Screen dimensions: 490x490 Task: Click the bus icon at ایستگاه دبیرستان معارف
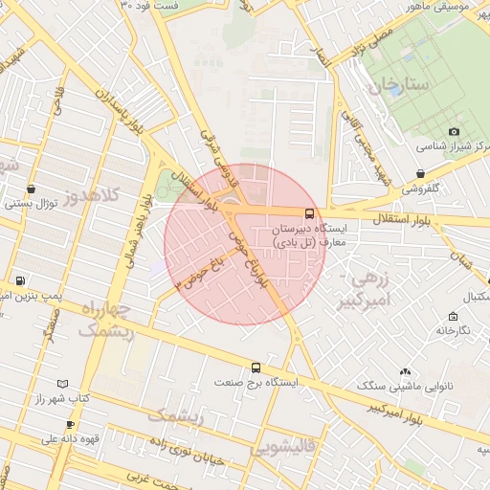[x=309, y=213]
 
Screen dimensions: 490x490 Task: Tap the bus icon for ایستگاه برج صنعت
[x=256, y=367]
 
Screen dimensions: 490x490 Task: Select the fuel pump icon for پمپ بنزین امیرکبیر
[x=20, y=281]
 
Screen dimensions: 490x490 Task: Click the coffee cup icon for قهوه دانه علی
[x=69, y=424]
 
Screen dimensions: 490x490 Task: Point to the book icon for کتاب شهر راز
[x=63, y=383]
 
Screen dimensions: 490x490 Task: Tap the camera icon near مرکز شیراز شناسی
[x=454, y=132]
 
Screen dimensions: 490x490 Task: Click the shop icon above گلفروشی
[x=421, y=173]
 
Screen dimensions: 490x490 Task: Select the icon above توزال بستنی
[x=33, y=189]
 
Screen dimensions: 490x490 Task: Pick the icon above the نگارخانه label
[x=452, y=316]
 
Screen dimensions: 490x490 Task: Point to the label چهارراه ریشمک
[x=105, y=320]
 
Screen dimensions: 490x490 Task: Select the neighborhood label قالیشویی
[x=284, y=448]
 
